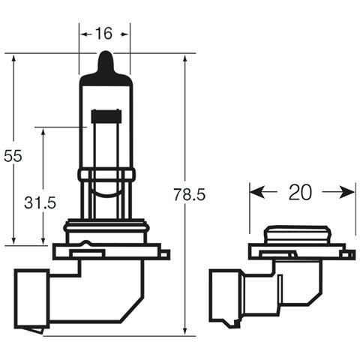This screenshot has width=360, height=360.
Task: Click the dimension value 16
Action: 104,34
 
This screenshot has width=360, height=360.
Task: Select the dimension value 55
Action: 13,156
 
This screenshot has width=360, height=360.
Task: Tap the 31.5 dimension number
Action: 40,202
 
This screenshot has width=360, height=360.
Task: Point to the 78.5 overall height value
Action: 190,194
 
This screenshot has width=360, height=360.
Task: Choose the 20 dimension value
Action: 300,192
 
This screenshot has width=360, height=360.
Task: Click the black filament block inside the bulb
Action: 106,117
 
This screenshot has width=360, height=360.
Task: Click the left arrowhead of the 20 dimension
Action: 257,192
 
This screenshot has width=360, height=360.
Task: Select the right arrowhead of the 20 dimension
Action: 347,192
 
